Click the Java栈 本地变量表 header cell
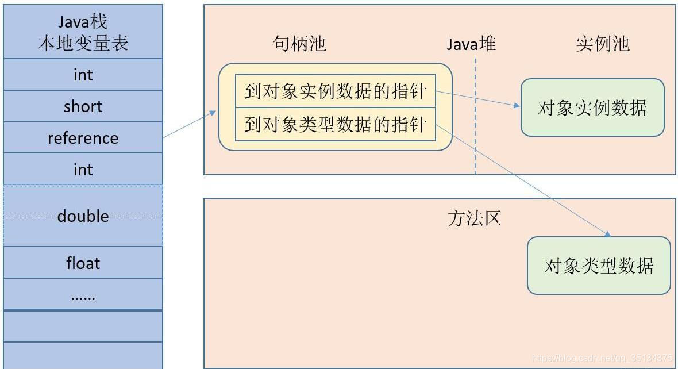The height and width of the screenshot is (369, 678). click(83, 32)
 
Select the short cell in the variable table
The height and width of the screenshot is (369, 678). click(83, 106)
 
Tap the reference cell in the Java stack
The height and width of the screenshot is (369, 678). click(83, 138)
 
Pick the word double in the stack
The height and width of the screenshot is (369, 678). click(83, 216)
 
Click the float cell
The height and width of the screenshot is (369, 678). click(83, 263)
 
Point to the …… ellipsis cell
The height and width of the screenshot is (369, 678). click(83, 295)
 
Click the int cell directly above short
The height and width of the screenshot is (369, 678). click(83, 75)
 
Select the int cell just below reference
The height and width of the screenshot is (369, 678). click(83, 170)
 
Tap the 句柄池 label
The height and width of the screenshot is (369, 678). click(299, 44)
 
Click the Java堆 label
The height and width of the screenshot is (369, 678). click(471, 44)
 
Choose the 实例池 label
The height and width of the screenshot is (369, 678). click(602, 44)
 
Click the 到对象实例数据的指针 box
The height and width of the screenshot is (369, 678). click(336, 91)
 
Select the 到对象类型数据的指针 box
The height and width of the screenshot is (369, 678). click(336, 124)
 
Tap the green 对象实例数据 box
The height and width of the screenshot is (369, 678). click(592, 107)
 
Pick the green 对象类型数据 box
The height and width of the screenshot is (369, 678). click(599, 266)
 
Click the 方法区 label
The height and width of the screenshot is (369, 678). click(474, 218)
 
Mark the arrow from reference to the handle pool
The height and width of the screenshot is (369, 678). click(189, 124)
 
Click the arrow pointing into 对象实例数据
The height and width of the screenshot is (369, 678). click(477, 98)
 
